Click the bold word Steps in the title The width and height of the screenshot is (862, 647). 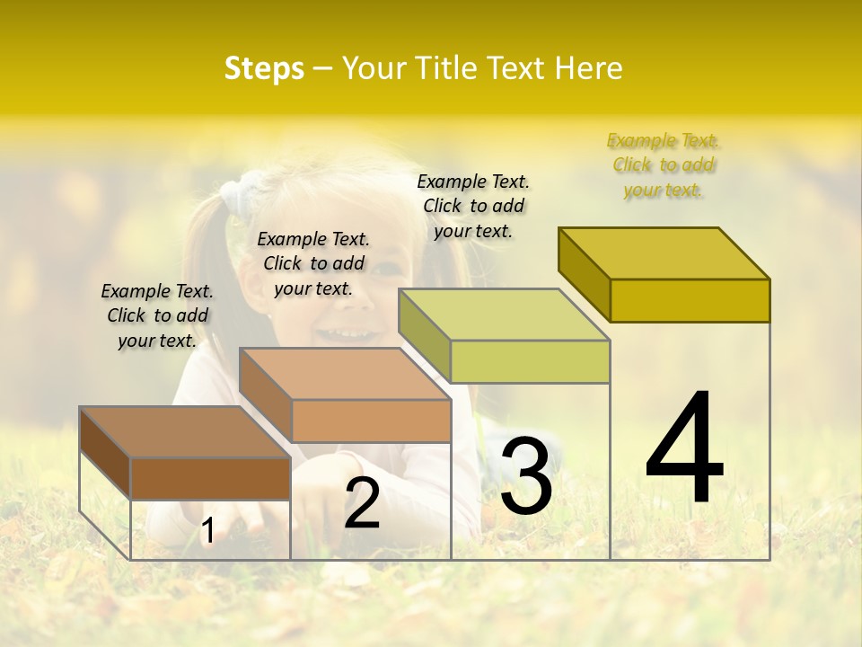pyautogui.click(x=264, y=68)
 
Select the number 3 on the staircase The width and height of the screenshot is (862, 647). pyautogui.click(x=525, y=477)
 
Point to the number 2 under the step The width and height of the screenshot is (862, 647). pyautogui.click(x=362, y=503)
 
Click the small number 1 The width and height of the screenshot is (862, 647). pyautogui.click(x=207, y=531)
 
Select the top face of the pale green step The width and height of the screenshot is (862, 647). pyautogui.click(x=504, y=315)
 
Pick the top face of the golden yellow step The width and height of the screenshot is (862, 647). pyautogui.click(x=664, y=253)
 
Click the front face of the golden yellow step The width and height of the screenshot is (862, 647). pyautogui.click(x=690, y=300)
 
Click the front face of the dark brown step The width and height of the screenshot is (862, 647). pyautogui.click(x=210, y=478)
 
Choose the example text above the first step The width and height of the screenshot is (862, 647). pyautogui.click(x=157, y=315)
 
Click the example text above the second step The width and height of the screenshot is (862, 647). pyautogui.click(x=313, y=263)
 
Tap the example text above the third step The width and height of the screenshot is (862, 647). pyautogui.click(x=473, y=206)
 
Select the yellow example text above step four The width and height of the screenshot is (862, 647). pyautogui.click(x=664, y=165)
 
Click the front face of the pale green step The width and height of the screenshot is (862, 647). pyautogui.click(x=530, y=361)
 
